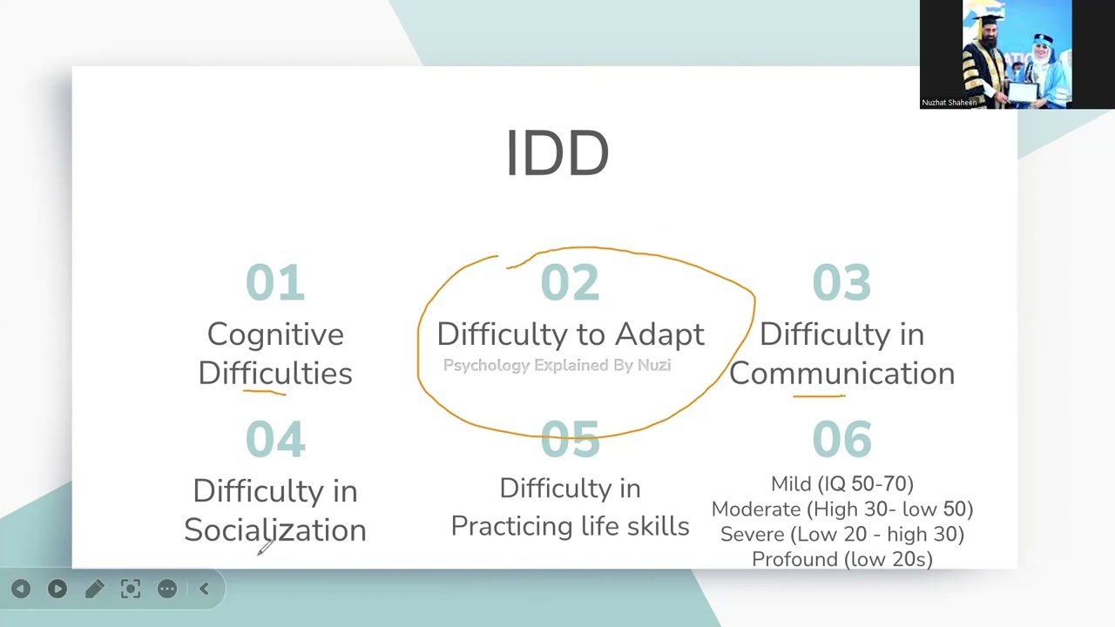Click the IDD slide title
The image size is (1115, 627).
(557, 154)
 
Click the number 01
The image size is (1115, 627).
(275, 283)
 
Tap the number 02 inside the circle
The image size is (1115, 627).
(570, 283)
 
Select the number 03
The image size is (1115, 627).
(841, 283)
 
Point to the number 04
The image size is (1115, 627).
(275, 439)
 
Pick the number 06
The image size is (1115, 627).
(841, 439)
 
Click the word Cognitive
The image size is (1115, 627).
(275, 334)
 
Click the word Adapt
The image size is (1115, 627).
(659, 334)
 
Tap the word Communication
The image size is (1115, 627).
(841, 374)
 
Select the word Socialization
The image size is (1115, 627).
(275, 529)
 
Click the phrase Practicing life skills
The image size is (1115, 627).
(570, 527)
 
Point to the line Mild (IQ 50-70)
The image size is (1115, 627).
(841, 483)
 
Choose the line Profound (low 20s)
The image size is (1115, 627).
(841, 559)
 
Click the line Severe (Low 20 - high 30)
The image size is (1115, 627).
(841, 534)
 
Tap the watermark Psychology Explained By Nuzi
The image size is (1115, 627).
(557, 366)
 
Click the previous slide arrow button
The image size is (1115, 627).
(21, 590)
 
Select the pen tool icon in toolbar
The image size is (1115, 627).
(94, 590)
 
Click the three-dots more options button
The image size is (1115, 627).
(167, 590)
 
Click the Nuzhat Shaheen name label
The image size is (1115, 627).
(949, 103)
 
